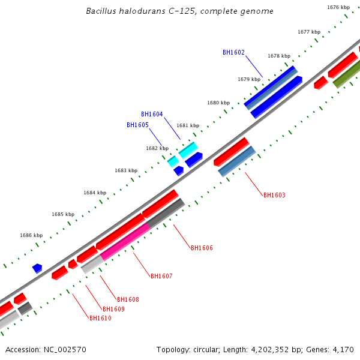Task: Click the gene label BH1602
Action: coord(233,52)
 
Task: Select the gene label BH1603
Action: coord(274,195)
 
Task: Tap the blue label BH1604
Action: coord(152,114)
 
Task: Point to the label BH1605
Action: coord(137,125)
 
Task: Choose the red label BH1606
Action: coord(202,248)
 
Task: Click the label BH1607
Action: coord(161,276)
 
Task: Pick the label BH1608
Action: coord(128,299)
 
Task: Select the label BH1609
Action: coord(113,309)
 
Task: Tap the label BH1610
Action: coord(100,318)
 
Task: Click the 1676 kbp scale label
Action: coord(338,7)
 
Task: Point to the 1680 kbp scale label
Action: coord(218,103)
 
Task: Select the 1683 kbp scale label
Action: coord(126,170)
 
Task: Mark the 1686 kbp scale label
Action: coord(31,236)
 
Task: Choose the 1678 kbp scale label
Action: coord(279,56)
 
